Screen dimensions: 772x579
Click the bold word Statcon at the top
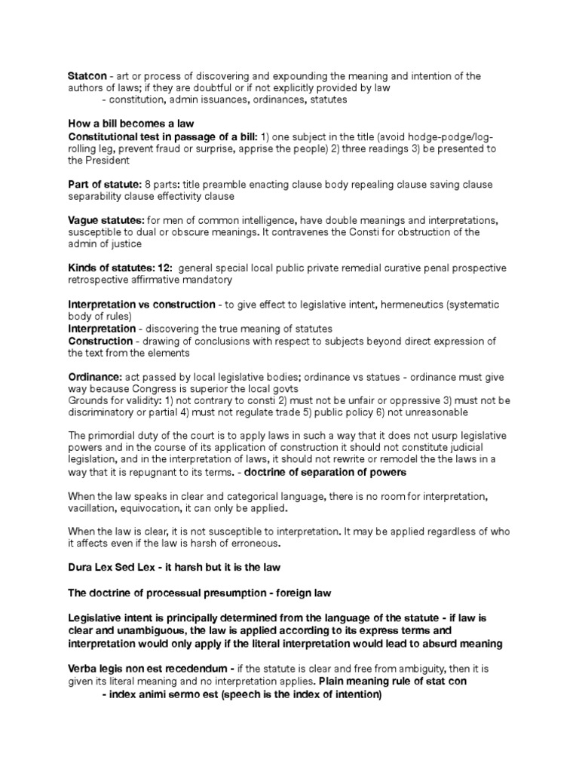pos(87,76)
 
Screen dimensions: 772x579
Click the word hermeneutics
pos(418,305)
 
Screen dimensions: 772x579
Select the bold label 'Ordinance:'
pos(94,376)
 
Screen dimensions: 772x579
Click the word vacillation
pos(93,508)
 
